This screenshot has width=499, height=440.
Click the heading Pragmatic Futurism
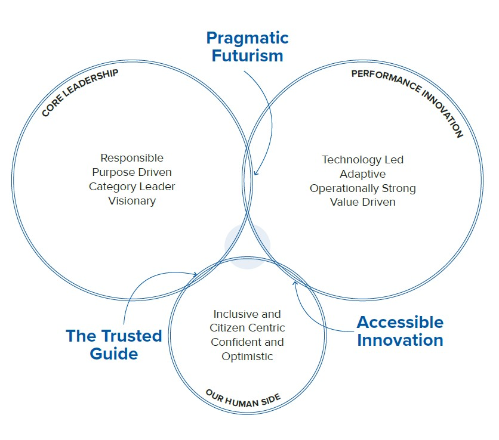click(x=247, y=47)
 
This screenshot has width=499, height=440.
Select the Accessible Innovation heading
click(x=400, y=331)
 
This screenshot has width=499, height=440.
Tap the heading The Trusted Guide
click(x=114, y=345)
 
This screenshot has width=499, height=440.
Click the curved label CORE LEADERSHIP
click(x=80, y=92)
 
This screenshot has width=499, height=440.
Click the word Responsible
click(x=132, y=158)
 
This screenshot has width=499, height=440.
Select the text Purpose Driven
click(x=132, y=172)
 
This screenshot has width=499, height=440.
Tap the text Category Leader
click(x=132, y=187)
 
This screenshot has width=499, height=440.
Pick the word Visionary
click(x=132, y=201)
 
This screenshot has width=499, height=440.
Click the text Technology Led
click(x=363, y=160)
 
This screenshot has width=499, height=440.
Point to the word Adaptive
click(x=363, y=174)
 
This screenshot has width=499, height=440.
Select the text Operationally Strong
click(x=363, y=188)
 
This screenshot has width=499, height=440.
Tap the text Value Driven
click(x=363, y=203)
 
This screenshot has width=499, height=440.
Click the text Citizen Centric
click(x=247, y=328)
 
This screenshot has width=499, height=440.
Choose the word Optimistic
click(x=247, y=357)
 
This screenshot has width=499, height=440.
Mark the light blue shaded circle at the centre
click(x=247, y=246)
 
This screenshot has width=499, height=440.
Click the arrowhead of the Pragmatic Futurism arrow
click(x=255, y=174)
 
